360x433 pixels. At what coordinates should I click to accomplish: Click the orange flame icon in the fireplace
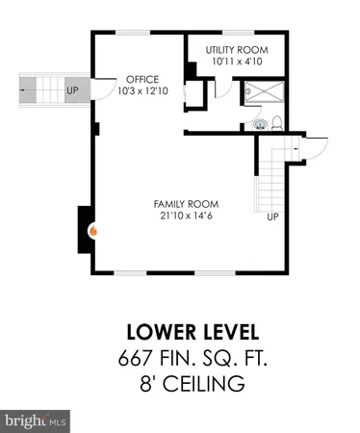click(93, 231)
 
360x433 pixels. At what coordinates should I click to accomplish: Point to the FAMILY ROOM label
click(186, 204)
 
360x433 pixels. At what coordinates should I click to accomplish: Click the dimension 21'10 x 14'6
click(186, 216)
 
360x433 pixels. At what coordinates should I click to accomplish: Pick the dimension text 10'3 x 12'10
click(135, 91)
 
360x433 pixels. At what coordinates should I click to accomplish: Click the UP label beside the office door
click(72, 92)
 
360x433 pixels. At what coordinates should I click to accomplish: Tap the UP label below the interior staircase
click(272, 216)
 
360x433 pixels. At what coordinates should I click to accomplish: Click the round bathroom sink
click(256, 124)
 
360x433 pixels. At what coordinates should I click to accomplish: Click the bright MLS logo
click(37, 420)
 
